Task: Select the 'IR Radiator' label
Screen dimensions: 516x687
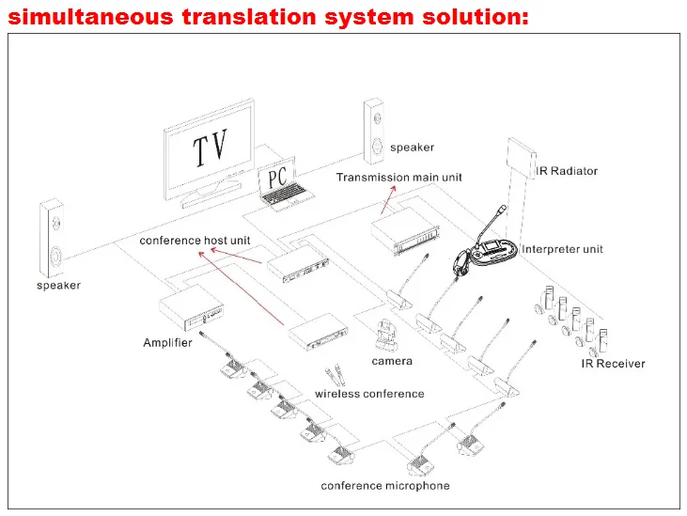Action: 567,171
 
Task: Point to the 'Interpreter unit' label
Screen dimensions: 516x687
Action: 562,249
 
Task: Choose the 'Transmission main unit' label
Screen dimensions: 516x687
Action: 398,177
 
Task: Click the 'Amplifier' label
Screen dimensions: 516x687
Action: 167,342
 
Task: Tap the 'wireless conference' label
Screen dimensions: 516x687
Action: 369,394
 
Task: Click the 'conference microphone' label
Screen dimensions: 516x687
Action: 384,486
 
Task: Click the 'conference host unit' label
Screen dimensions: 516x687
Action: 195,241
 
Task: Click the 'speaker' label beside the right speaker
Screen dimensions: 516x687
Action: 413,148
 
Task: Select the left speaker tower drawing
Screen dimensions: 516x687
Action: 53,235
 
